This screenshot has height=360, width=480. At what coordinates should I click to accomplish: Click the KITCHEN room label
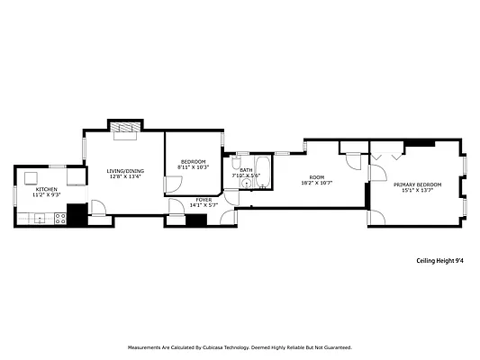point(47,189)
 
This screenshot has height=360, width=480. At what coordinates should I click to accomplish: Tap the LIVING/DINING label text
point(125,171)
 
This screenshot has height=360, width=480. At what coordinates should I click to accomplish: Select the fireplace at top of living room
point(125,128)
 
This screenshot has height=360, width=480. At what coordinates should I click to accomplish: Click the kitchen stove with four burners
point(59,217)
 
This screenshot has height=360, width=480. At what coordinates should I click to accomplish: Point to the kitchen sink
point(39,217)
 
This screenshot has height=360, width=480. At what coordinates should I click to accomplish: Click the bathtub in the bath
point(262,173)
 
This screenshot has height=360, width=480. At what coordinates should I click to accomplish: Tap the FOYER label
point(205,200)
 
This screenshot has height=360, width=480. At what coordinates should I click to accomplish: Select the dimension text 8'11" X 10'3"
point(193,167)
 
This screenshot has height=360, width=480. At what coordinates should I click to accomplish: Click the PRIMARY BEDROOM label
point(418,184)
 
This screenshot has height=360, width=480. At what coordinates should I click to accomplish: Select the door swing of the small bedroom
point(169,184)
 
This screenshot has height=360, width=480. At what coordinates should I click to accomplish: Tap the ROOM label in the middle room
point(316,177)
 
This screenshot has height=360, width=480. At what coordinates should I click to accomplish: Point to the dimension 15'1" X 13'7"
point(418,190)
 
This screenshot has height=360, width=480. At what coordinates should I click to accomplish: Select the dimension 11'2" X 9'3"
point(47,194)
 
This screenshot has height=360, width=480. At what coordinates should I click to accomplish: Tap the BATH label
point(246,169)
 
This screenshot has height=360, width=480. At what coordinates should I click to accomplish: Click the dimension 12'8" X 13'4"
point(125,176)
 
